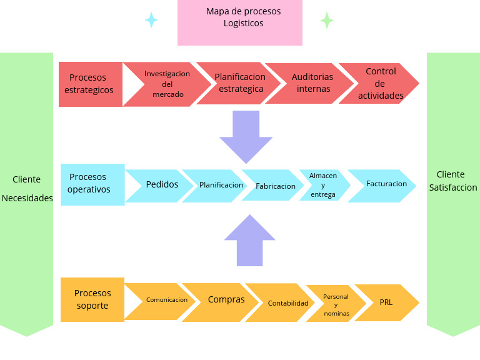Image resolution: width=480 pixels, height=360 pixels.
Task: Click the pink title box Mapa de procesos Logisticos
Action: tap(239, 22)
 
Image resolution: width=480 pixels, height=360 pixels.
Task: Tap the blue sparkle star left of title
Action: tap(151, 20)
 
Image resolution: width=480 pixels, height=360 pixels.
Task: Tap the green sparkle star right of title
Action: tap(326, 20)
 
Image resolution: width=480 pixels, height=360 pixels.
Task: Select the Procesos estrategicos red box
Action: tap(91, 84)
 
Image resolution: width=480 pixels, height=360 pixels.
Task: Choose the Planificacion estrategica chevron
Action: tap(240, 83)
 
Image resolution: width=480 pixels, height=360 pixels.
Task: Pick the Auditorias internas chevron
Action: tap(312, 83)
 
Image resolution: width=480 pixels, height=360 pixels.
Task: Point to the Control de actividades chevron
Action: tap(381, 83)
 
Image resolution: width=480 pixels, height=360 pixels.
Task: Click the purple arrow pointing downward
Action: tap(246, 135)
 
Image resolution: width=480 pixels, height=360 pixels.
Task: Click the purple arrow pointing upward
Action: tap(249, 241)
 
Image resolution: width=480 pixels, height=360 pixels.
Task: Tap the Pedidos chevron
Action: tap(162, 185)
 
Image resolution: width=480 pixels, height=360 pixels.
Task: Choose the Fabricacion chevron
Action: tap(275, 186)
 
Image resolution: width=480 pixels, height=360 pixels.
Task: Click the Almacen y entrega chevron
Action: tap(323, 185)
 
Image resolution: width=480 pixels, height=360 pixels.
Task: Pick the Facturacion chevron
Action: tap(386, 184)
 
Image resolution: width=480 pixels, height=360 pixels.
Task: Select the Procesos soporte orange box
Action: tap(92, 299)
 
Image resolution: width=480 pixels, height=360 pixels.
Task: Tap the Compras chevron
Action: tap(226, 300)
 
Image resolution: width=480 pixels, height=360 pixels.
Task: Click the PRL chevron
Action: tap(386, 302)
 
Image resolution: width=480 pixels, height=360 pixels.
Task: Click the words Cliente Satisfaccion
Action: tap(453, 181)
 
